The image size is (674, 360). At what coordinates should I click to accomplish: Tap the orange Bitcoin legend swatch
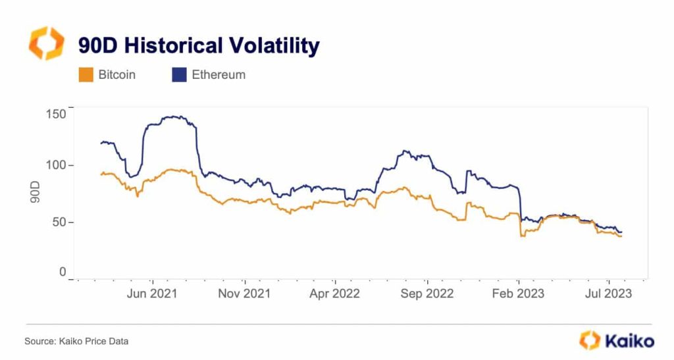pos(85,75)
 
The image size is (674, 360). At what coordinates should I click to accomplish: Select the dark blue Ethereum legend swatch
pos(178,75)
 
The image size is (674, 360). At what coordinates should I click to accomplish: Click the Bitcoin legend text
pos(117,75)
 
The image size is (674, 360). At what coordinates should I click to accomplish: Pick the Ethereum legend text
pos(219,75)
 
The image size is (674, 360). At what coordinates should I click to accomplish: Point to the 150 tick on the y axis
pos(56,114)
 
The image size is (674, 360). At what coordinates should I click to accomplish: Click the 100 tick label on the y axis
pos(56,165)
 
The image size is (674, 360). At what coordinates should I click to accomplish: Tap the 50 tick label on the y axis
pos(59,222)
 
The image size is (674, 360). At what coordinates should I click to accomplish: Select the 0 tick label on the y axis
pos(63,272)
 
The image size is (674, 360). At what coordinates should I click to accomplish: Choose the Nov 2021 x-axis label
pos(244,294)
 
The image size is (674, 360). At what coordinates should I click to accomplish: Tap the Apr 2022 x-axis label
pos(334,294)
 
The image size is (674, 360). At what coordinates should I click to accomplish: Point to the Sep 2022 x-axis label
pos(427,294)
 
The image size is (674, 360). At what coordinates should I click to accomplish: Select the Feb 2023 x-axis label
pos(518,294)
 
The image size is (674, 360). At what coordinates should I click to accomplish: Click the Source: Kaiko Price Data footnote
pos(76,341)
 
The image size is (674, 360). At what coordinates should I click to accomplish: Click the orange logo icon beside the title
pos(46,43)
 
